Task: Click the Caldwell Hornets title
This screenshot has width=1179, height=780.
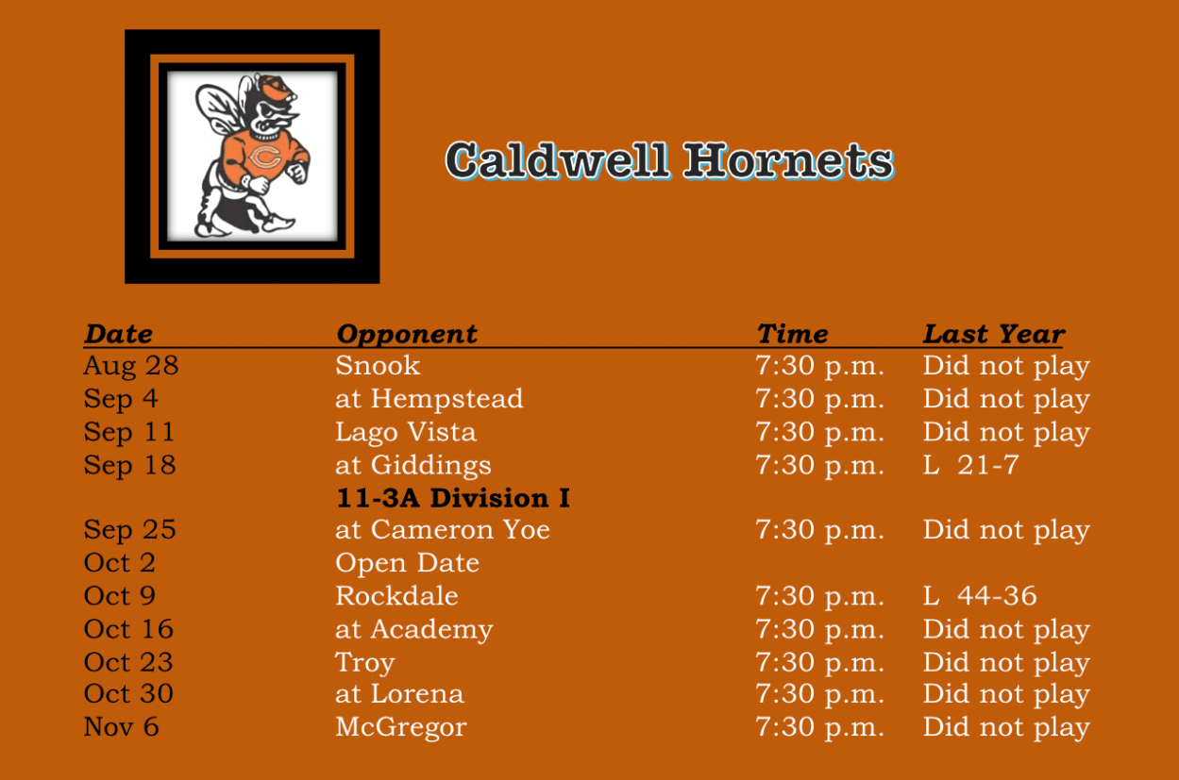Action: click(669, 160)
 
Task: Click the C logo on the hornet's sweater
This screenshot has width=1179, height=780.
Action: click(264, 158)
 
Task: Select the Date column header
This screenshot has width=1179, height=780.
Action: click(118, 334)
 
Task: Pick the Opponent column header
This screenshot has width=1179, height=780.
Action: click(407, 335)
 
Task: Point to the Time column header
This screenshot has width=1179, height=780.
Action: click(792, 334)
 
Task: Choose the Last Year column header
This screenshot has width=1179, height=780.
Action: click(994, 334)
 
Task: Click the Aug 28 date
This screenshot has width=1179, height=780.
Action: click(131, 367)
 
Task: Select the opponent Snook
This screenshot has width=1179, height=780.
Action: click(378, 365)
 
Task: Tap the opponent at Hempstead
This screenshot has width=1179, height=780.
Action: click(429, 399)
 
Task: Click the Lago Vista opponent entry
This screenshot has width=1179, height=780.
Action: click(406, 432)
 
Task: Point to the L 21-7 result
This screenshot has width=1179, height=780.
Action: click(971, 465)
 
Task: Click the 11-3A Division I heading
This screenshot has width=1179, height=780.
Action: click(453, 498)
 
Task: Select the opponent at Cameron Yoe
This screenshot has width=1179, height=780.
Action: click(443, 529)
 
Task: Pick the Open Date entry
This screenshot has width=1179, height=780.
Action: click(408, 563)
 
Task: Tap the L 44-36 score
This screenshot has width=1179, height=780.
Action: click(980, 596)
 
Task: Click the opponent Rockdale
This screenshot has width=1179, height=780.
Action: click(396, 596)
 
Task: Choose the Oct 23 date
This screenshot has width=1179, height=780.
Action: click(128, 662)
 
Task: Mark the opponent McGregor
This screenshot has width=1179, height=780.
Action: click(401, 728)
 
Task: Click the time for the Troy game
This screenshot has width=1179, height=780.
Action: click(819, 663)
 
